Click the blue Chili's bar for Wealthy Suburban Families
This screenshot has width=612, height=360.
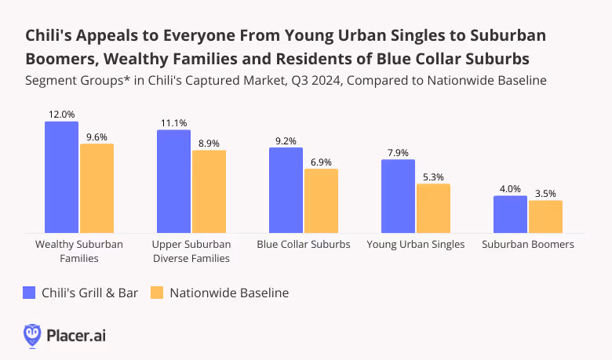point(61,177)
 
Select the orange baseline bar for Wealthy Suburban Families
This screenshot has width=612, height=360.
point(97,188)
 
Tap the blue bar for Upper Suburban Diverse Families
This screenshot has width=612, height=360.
point(173,181)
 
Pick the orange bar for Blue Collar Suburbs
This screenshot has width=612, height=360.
point(321,201)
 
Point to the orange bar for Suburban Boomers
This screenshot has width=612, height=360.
point(545,216)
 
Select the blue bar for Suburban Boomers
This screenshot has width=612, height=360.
point(510,214)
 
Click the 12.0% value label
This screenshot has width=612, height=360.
point(61,114)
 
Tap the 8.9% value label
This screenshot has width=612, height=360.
point(209,143)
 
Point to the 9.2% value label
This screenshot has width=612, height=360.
point(286,140)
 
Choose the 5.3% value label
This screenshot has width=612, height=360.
point(433,176)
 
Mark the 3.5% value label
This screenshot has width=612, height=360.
point(545,193)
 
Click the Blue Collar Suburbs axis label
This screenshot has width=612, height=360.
point(304,244)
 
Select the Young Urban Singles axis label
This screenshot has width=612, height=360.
point(416,244)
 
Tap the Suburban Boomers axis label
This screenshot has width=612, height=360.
point(528,244)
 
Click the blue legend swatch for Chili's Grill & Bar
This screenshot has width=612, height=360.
point(30,293)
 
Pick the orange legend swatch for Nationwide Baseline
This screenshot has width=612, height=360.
point(156,293)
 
